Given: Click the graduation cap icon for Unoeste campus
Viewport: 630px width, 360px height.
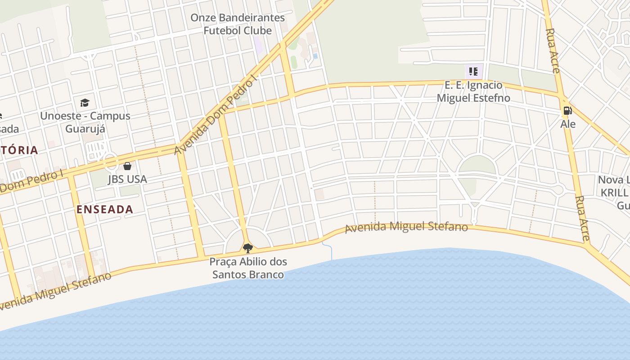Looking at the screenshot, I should [x=85, y=103].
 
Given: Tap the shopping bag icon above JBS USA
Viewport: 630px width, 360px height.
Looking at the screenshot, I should [x=127, y=166].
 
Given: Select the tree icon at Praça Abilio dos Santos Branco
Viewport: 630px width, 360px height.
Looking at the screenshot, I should [x=247, y=248].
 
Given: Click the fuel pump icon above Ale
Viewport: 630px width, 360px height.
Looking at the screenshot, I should [x=567, y=110].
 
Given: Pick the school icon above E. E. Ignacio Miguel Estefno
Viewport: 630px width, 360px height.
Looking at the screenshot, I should [x=473, y=71].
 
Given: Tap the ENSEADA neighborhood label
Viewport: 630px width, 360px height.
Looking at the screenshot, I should [x=105, y=209].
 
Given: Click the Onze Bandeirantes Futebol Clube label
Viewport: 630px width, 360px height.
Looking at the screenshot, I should [x=238, y=24].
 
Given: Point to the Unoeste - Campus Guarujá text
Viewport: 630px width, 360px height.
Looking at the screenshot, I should [x=85, y=122].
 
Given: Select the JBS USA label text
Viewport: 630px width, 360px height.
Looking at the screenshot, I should [x=127, y=179].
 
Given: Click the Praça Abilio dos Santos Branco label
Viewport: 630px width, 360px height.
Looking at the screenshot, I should [x=248, y=268].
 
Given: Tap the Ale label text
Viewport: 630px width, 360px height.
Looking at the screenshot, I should [x=568, y=124].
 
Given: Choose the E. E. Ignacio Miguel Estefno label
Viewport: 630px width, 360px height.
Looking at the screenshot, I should [x=473, y=91].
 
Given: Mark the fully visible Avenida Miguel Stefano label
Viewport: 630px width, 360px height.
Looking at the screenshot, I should [x=406, y=227].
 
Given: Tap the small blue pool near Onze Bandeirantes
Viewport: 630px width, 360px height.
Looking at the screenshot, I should [x=315, y=56].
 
